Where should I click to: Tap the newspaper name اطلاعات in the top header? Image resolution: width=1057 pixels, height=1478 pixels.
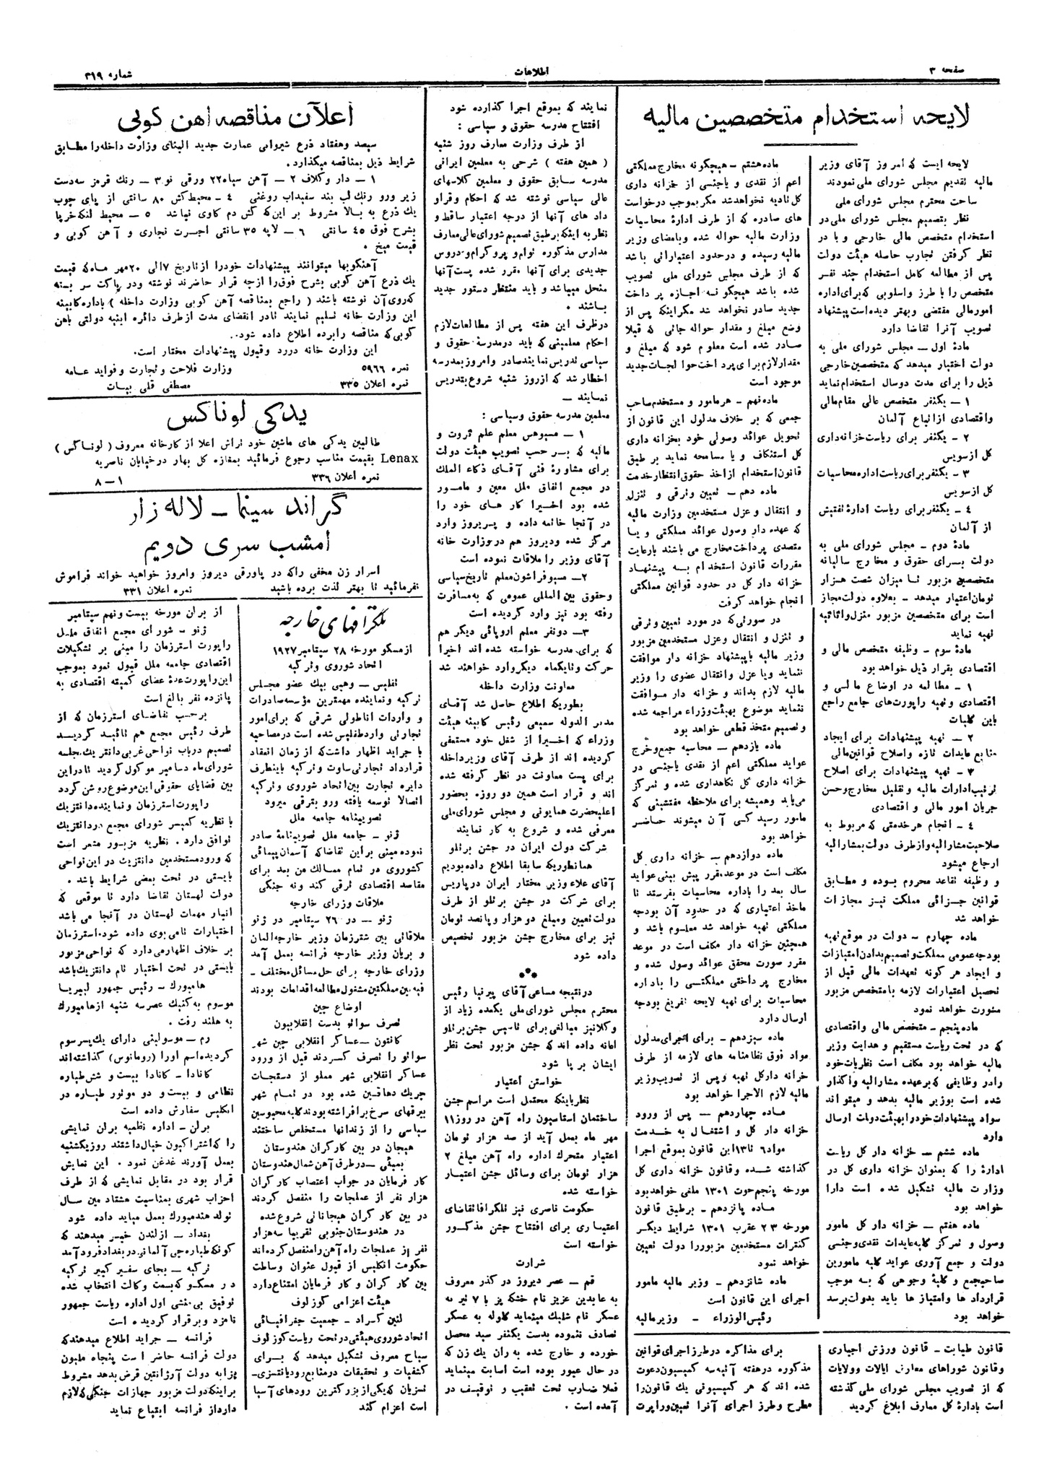[x=528, y=70]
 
